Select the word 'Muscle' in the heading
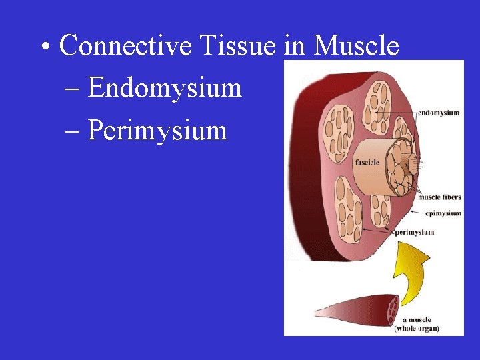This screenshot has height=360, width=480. tap(356, 46)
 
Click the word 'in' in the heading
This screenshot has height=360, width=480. tap(291, 46)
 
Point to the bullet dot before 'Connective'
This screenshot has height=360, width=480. tap(44, 48)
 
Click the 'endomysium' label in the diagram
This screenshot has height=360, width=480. tap(438, 113)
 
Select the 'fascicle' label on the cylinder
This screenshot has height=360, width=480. tap(367, 162)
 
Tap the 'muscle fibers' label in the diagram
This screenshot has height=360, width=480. tap(439, 197)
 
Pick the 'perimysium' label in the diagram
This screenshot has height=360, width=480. tap(414, 232)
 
